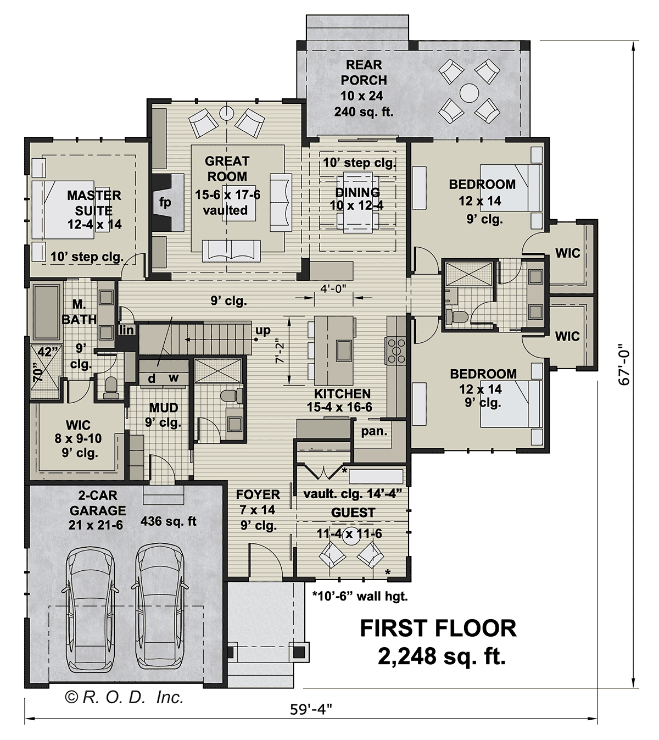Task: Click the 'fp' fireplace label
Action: pyautogui.click(x=165, y=202)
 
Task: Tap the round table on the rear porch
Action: pyautogui.click(x=469, y=93)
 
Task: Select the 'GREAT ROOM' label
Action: pyautogui.click(x=227, y=168)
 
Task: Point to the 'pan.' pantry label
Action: pyautogui.click(x=374, y=431)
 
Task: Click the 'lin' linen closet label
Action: pyautogui.click(x=126, y=330)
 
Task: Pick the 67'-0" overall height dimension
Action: pyautogui.click(x=625, y=368)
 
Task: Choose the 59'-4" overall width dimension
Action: pyautogui.click(x=311, y=710)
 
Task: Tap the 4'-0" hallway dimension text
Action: pyautogui.click(x=333, y=288)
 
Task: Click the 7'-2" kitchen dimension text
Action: pyautogui.click(x=280, y=353)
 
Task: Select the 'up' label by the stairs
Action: pyautogui.click(x=263, y=331)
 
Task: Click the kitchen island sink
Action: pyautogui.click(x=344, y=350)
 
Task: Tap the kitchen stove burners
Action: pyautogui.click(x=396, y=351)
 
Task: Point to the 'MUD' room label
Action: pyautogui.click(x=164, y=407)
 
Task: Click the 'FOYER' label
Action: pyautogui.click(x=258, y=494)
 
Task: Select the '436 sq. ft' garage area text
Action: pyautogui.click(x=168, y=521)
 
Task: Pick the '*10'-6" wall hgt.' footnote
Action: pyautogui.click(x=360, y=597)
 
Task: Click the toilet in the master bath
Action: pyautogui.click(x=110, y=387)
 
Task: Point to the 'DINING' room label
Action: pyautogui.click(x=358, y=192)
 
